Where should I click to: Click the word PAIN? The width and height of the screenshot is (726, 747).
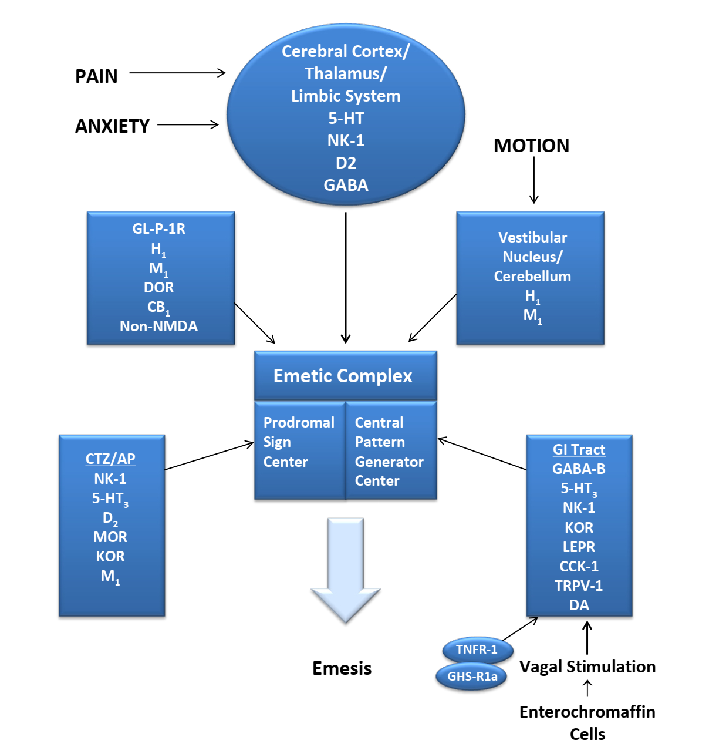click(96, 76)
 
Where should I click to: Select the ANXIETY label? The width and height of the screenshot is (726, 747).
click(112, 126)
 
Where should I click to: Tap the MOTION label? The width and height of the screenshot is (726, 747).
click(531, 146)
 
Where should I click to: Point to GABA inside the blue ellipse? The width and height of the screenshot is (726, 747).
click(346, 186)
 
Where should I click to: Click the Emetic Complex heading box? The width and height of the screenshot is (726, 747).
click(345, 376)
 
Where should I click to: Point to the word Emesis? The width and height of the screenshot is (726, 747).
click(342, 668)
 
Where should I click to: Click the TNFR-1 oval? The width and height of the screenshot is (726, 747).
click(477, 650)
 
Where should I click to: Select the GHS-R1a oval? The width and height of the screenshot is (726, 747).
click(472, 677)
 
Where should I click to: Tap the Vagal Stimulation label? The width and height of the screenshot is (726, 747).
click(587, 667)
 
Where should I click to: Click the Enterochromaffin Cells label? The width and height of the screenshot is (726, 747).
click(587, 723)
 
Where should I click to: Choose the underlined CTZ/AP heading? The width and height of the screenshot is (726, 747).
click(110, 459)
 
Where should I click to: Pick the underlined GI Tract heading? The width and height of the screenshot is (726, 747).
click(579, 450)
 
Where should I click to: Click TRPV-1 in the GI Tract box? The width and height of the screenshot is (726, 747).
click(579, 586)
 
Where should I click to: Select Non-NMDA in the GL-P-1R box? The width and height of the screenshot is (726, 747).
click(158, 327)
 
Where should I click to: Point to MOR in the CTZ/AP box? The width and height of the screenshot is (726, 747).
click(110, 537)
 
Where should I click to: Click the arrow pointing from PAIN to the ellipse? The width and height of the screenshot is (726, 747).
click(177, 73)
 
